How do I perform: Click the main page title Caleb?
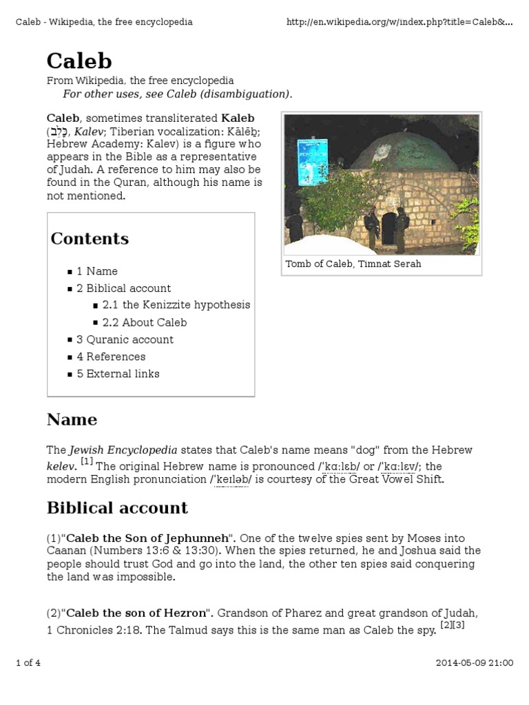79,61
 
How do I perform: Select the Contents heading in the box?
90,239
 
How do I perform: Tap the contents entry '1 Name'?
97,271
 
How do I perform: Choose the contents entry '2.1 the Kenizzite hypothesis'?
176,305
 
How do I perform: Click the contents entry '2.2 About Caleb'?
144,322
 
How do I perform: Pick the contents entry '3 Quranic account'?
125,339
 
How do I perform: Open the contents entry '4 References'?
111,357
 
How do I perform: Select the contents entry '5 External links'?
118,374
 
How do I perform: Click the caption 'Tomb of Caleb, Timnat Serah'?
353,264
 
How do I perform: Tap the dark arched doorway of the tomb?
389,228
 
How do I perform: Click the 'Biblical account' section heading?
117,508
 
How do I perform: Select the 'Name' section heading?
72,420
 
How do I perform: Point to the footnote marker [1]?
87,461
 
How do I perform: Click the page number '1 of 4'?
28,663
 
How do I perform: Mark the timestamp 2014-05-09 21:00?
474,663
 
